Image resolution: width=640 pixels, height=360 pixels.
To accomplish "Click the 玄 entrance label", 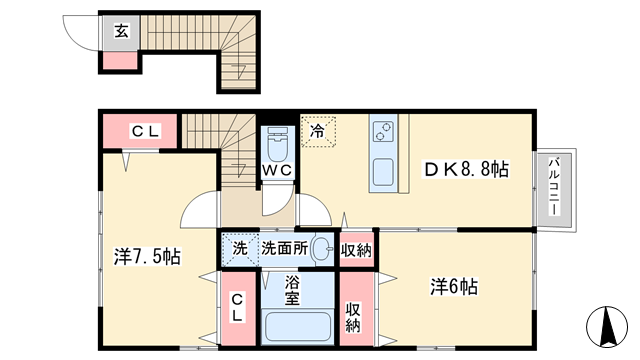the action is click(x=122, y=31).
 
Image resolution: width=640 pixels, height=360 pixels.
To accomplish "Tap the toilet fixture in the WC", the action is click(x=278, y=144).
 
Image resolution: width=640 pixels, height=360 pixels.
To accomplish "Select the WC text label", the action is click(x=277, y=170).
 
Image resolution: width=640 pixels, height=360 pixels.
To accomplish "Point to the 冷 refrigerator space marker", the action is click(x=318, y=131).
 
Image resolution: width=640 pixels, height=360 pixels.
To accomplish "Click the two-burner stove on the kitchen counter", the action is click(x=383, y=131).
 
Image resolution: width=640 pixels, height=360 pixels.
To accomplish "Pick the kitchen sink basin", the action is click(x=383, y=172).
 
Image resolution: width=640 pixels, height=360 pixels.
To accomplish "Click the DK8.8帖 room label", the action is click(x=467, y=169).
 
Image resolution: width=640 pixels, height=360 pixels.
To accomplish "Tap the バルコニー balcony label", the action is click(x=554, y=186).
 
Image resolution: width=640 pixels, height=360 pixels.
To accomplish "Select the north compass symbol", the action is click(x=607, y=327).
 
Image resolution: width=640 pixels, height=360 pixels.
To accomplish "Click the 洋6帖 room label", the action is click(x=453, y=287).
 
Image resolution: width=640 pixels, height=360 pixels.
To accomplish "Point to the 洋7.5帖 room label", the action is click(x=147, y=257).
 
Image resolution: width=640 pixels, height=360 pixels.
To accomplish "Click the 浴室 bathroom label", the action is click(x=292, y=290).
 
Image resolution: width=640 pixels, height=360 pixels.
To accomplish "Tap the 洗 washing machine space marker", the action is click(x=240, y=249).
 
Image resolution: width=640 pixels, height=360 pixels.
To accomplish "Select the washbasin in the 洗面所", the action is click(x=322, y=249).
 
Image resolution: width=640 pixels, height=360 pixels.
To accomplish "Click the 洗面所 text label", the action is click(x=285, y=249).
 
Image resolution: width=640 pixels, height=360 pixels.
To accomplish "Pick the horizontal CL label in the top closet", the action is click(x=145, y=131).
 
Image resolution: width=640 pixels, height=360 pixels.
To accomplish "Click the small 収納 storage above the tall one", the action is click(x=356, y=250).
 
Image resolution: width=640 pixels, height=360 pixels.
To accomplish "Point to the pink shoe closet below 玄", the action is click(x=120, y=60).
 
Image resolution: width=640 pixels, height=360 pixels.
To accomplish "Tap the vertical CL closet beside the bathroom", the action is click(x=238, y=309).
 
